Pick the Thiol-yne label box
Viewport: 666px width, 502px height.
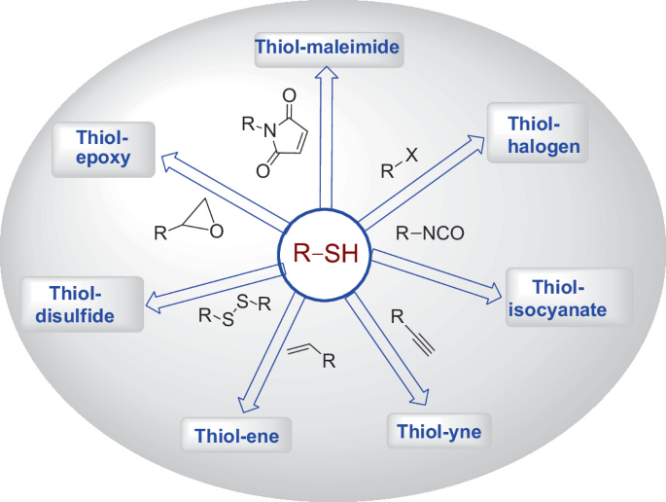(439, 429)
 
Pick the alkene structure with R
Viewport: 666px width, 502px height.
(312, 356)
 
